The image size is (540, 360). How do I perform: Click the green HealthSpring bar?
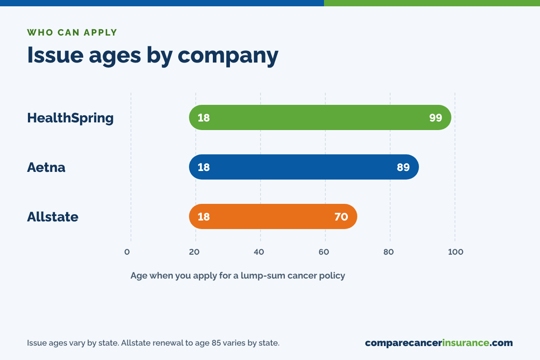pos(320,117)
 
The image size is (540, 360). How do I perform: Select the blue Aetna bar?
pos(304,167)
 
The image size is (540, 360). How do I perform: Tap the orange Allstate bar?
pos(273,216)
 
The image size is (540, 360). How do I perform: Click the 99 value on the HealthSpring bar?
pos(436,117)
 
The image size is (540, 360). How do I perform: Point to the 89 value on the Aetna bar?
pos(403,167)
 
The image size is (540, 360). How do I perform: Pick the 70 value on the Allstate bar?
pos(341,216)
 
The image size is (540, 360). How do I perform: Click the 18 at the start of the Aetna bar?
pos(204,167)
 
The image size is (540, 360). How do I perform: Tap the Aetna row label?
pos(46,167)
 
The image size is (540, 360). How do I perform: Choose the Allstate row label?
pos(53,216)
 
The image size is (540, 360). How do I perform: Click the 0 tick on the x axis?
pos(127,252)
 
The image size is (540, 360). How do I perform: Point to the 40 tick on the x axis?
pos(259,252)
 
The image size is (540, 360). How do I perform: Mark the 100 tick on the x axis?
pos(455,252)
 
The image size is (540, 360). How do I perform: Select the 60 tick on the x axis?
pos(324,252)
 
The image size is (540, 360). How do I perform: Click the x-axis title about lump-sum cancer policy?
pos(238,275)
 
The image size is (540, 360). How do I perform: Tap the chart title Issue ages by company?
pos(153,55)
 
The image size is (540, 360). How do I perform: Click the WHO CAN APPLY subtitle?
pos(72,32)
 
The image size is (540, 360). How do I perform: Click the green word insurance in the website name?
pos(465,342)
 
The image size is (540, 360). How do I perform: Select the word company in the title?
pos(228,56)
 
